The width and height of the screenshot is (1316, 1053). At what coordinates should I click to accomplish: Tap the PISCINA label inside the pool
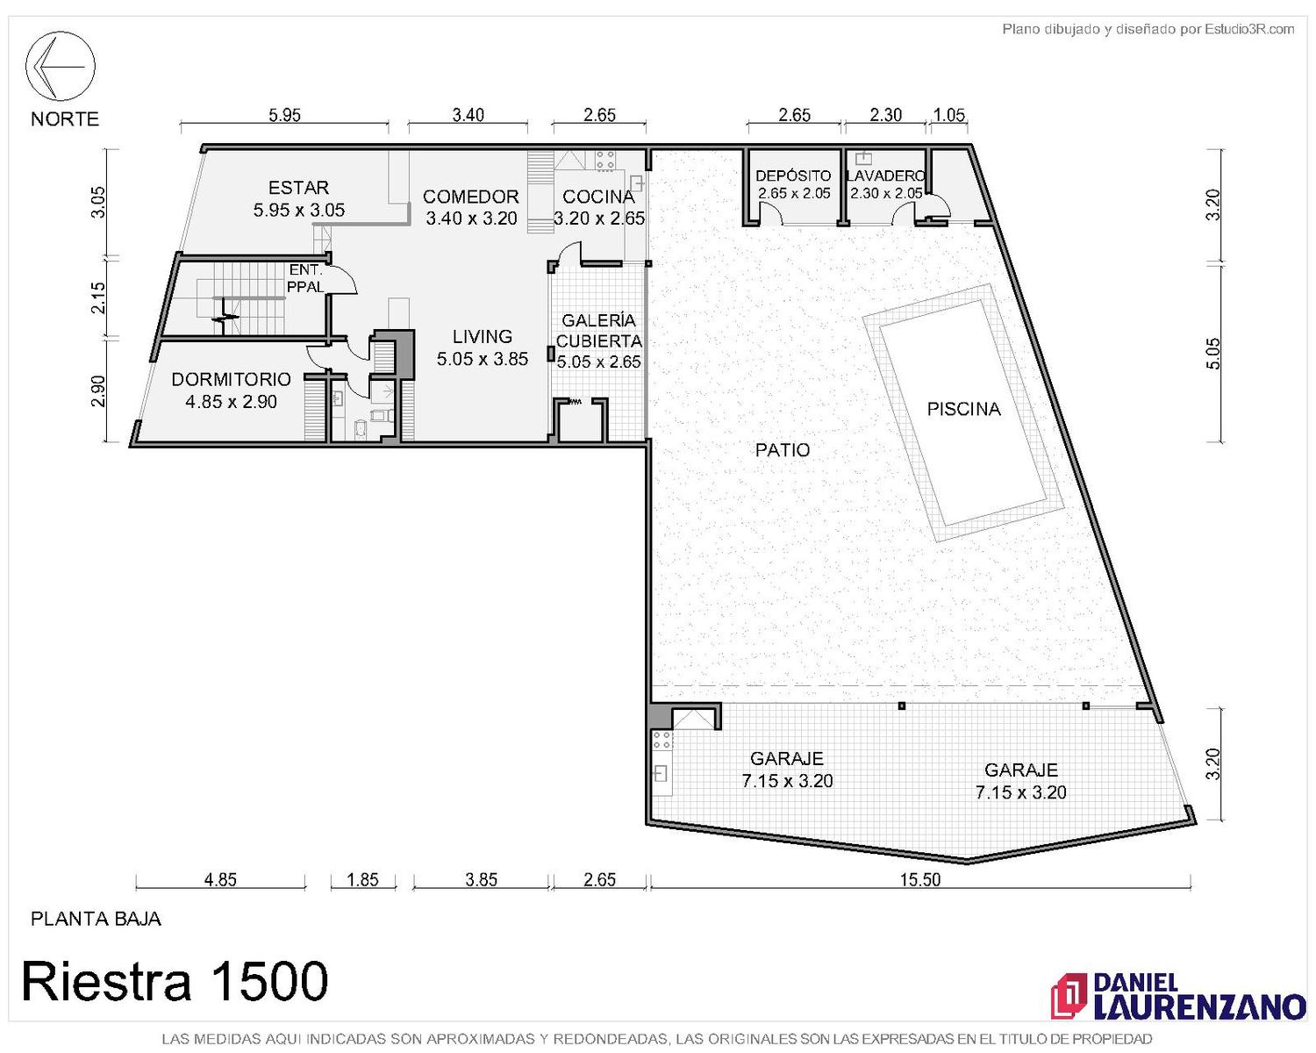pos(963,409)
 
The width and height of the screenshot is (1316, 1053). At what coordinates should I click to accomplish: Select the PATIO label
pos(782,449)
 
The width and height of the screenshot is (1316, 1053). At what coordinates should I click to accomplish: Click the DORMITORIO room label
pos(231,379)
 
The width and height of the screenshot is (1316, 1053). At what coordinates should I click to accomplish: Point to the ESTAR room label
pos(298,187)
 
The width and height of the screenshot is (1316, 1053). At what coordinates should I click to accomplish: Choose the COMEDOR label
pos(470,197)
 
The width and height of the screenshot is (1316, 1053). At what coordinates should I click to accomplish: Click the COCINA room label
pos(598,197)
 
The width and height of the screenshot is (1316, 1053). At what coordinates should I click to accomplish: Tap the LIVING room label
pos(482,336)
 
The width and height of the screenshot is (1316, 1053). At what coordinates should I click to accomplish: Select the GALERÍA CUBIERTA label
pos(598,331)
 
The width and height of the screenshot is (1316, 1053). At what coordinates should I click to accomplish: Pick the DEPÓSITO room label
pos(793,176)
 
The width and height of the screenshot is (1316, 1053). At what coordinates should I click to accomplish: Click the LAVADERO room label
pos(885,176)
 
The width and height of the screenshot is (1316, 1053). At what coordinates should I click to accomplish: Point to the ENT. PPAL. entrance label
pos(305,278)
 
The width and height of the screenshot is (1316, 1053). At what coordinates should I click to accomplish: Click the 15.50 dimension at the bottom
pos(919,879)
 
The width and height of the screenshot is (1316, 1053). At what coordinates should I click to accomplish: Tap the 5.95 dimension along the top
pos(285,115)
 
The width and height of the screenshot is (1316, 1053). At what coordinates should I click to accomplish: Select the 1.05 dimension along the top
pos(949,115)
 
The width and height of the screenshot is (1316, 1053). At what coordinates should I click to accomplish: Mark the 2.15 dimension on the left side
pos(98,297)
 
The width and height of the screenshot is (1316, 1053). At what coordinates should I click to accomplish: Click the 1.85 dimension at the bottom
pos(362,879)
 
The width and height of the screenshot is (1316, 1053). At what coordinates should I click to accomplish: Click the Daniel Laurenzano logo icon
pos(1069,997)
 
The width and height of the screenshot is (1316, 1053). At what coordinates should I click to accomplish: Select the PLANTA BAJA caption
pos(96,919)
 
